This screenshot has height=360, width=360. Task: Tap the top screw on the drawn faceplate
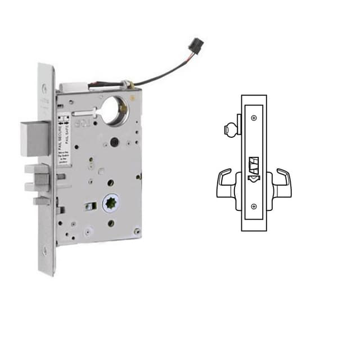(x=254, y=118)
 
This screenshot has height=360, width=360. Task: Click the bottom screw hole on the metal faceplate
(x=44, y=251)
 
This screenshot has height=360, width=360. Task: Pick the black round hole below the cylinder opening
(x=114, y=141)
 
